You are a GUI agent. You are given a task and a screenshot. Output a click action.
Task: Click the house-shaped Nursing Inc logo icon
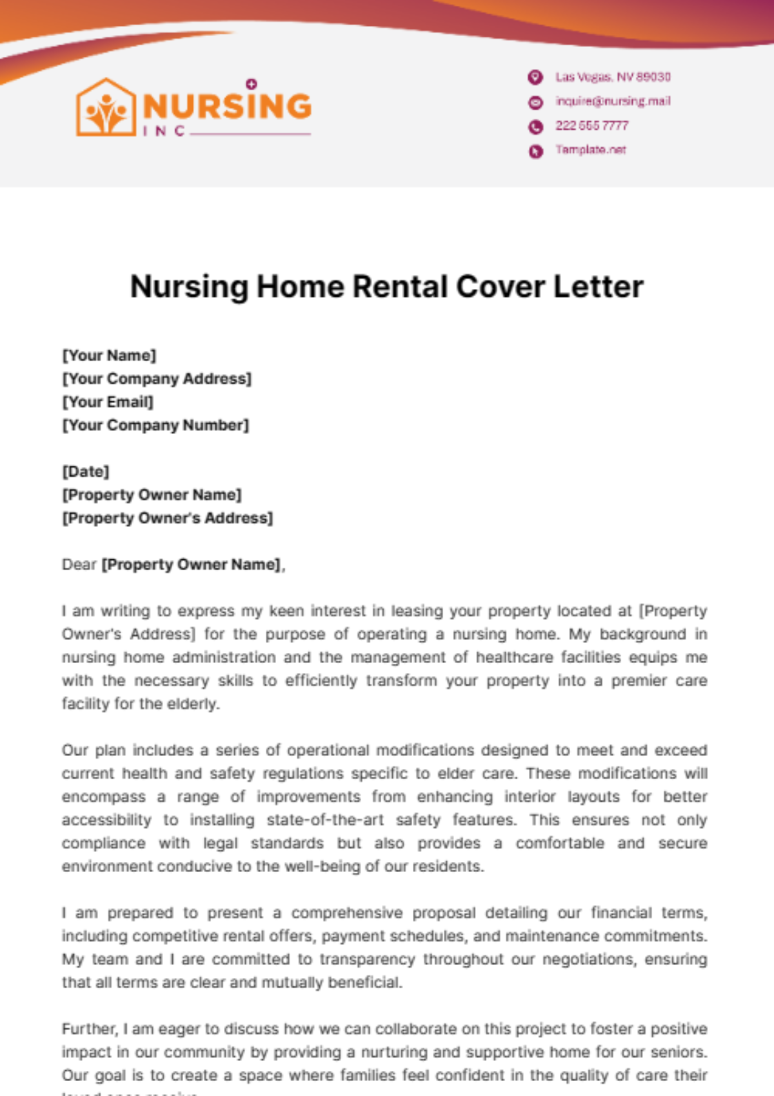coord(106,108)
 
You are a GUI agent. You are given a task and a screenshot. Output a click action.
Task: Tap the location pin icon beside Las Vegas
coord(535,77)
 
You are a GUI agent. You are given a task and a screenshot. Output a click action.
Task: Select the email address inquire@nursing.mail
coord(613,101)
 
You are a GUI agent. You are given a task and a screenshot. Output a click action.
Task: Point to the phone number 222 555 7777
coord(591,126)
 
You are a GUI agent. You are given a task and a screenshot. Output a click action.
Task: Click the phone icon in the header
coord(535,126)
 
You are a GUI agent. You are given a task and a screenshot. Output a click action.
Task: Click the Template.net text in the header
coord(590,150)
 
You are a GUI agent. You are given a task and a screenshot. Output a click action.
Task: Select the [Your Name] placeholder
coord(109,355)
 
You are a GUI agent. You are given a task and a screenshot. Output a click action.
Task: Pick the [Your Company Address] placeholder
coord(157,379)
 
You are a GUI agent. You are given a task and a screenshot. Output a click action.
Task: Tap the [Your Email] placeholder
coord(108,402)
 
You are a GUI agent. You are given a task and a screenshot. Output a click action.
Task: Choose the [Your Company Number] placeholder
coord(155,425)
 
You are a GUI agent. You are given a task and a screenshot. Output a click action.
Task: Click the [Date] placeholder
coord(86,472)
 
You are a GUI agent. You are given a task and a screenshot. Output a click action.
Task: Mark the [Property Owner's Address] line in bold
coord(168,518)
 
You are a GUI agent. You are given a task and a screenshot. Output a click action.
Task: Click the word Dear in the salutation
coord(79,564)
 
